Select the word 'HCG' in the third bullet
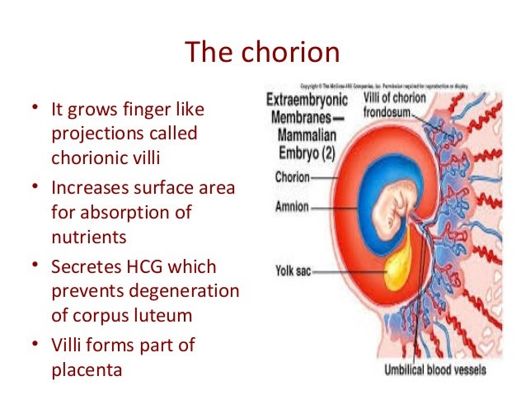[140, 267]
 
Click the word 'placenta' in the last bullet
[86, 369]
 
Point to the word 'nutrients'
[88, 238]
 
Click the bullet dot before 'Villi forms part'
[35, 345]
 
